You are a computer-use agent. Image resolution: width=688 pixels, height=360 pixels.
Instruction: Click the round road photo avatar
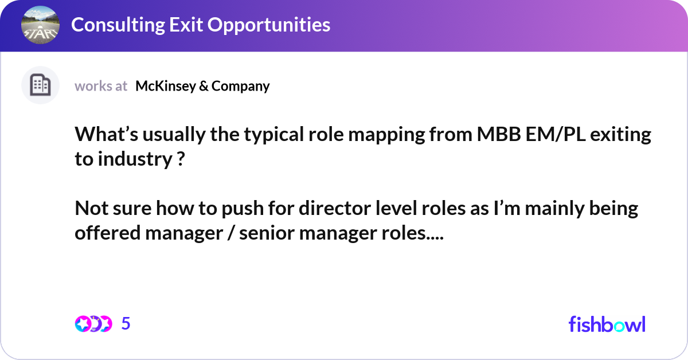pos(40,25)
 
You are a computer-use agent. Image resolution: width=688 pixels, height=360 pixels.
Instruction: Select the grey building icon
pos(40,85)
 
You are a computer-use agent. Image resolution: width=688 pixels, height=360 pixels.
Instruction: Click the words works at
pos(101,86)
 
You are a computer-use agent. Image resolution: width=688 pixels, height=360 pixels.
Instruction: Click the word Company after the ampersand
pos(240,86)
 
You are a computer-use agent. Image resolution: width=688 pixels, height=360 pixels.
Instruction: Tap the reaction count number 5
pos(126,324)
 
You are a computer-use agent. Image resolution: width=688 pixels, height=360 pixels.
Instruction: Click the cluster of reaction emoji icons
pos(93,324)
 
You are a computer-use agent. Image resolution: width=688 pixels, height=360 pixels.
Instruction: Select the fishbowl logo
pos(607,324)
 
